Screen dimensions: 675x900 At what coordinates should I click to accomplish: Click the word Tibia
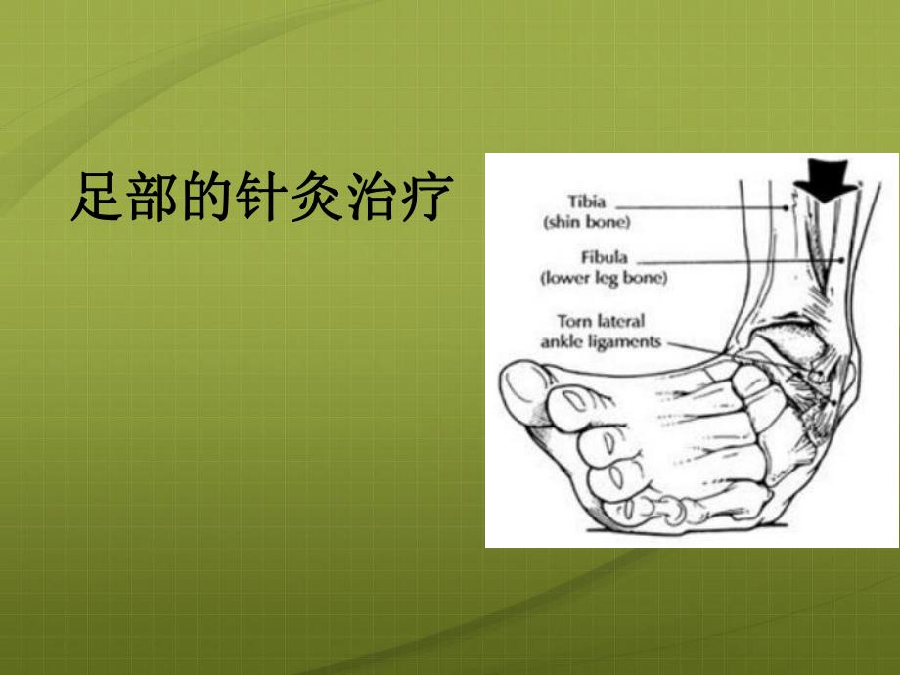click(587, 202)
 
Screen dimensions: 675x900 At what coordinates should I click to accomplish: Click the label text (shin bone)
click(587, 221)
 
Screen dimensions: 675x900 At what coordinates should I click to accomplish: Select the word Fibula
click(603, 259)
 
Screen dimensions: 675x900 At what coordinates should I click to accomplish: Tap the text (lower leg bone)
click(603, 278)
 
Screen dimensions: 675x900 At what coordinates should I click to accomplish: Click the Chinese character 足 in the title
click(97, 199)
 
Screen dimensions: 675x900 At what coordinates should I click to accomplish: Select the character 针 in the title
click(260, 199)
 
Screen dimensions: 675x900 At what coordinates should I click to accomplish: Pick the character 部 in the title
click(152, 199)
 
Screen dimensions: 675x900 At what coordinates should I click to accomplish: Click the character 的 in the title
click(205, 199)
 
